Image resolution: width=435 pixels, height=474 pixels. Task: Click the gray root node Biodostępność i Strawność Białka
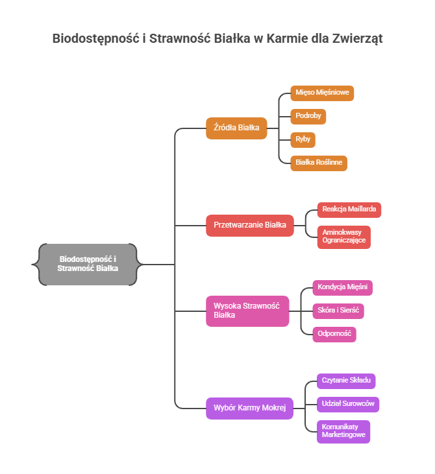click(x=88, y=264)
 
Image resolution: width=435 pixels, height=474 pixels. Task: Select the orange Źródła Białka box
click(x=236, y=128)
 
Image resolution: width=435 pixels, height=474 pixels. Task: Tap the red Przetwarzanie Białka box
click(x=250, y=226)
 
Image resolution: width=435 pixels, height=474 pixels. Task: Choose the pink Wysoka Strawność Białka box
click(x=247, y=311)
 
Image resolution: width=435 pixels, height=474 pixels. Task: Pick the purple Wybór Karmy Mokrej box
click(x=250, y=409)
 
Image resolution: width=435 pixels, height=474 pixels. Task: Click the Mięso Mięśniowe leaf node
click(x=322, y=93)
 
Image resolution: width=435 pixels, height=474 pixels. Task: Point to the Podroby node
click(x=308, y=117)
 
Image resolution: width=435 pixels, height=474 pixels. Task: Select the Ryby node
click(x=303, y=139)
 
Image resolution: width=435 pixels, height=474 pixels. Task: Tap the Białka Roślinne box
click(x=318, y=162)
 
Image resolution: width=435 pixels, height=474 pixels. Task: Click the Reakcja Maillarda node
click(x=349, y=209)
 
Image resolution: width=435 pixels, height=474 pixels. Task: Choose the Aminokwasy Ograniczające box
click(x=344, y=237)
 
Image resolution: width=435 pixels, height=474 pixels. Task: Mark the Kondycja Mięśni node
click(x=342, y=287)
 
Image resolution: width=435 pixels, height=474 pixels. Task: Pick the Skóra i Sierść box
click(x=338, y=311)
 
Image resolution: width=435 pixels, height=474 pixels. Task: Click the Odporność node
click(x=334, y=334)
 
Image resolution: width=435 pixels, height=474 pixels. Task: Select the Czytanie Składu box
click(x=347, y=380)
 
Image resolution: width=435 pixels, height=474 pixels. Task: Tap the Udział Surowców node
click(x=348, y=404)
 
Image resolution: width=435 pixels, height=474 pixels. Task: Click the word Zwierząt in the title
click(x=356, y=39)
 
